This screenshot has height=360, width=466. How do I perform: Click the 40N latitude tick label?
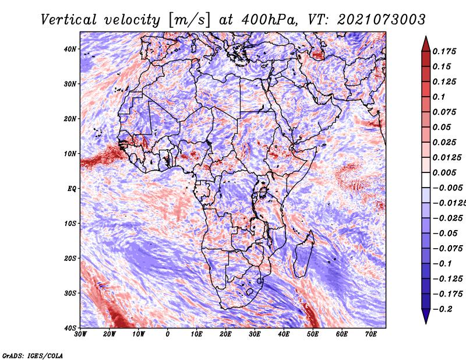click(x=70, y=49)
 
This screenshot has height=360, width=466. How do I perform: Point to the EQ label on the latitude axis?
click(x=72, y=189)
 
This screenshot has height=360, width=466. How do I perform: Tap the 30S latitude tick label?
click(x=70, y=293)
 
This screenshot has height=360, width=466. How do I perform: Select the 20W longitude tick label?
click(x=110, y=334)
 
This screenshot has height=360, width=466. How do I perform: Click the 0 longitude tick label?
click(x=168, y=334)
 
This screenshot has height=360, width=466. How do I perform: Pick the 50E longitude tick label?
click(x=313, y=334)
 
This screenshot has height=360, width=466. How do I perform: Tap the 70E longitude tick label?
click(x=371, y=334)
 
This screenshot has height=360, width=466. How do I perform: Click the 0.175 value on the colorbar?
click(x=444, y=51)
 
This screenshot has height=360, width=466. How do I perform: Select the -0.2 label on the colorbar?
click(x=443, y=309)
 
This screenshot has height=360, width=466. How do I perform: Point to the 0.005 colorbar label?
click(x=444, y=172)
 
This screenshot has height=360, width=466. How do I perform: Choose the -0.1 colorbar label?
click(x=443, y=264)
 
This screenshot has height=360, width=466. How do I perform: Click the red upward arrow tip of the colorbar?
click(x=426, y=37)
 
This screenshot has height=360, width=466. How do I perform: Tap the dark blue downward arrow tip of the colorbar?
click(x=426, y=323)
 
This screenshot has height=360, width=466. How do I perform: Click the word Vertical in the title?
click(x=69, y=20)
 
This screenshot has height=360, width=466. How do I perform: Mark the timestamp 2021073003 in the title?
click(x=381, y=20)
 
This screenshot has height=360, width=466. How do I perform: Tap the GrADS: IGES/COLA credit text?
click(x=33, y=356)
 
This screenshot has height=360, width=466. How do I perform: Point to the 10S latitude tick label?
click(x=70, y=223)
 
